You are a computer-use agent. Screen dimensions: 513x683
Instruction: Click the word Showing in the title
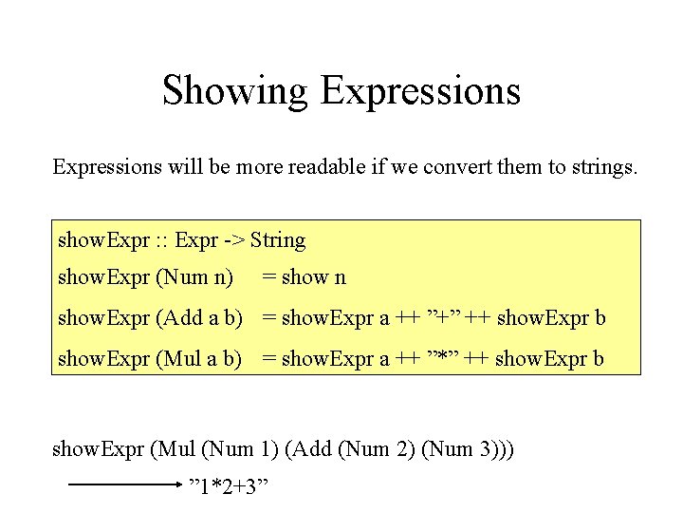pyautogui.click(x=235, y=91)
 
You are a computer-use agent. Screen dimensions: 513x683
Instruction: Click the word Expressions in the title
pyautogui.click(x=420, y=91)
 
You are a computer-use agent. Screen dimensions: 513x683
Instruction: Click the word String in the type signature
pyautogui.click(x=278, y=240)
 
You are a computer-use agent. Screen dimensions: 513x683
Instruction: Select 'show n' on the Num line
pyautogui.click(x=314, y=277)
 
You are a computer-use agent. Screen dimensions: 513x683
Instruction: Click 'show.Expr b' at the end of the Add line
pyautogui.click(x=550, y=318)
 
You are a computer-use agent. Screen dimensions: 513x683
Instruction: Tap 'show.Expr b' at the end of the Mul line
pyautogui.click(x=549, y=359)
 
